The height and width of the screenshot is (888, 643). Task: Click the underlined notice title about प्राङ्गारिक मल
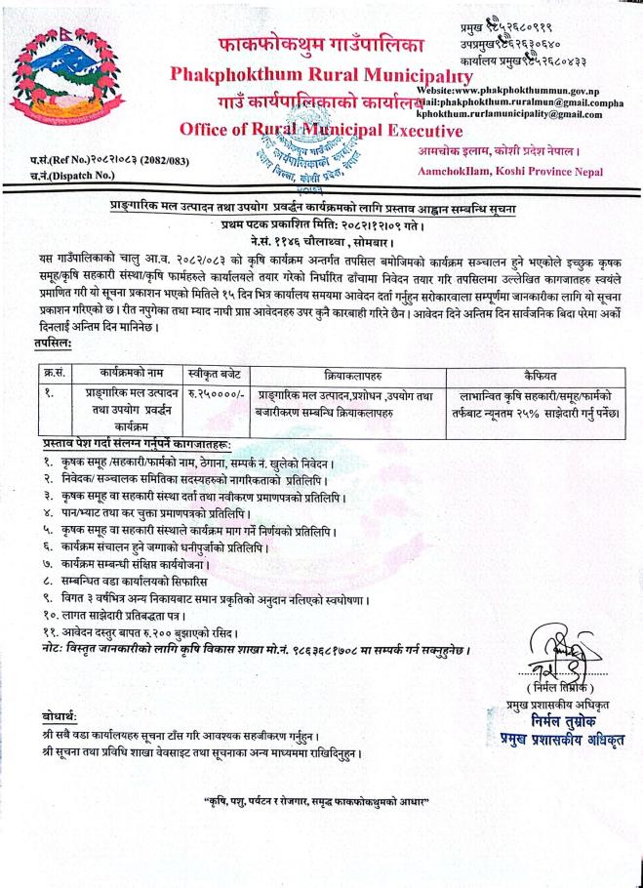(x=322, y=210)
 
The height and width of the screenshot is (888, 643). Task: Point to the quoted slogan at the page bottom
(x=316, y=801)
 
